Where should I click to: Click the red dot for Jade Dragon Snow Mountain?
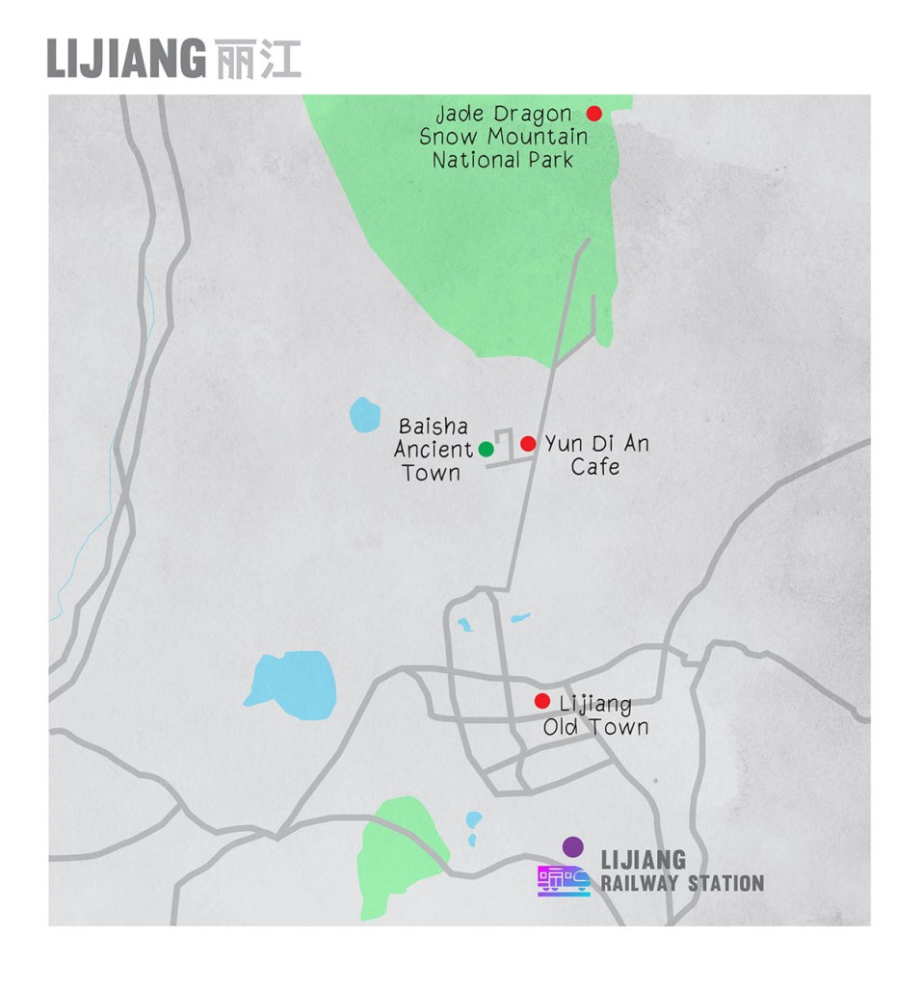[594, 114]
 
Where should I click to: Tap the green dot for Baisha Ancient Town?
[487, 449]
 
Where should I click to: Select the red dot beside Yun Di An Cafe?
[528, 444]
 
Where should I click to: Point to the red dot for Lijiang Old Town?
[542, 701]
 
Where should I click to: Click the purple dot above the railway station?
[573, 846]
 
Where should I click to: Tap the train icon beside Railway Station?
[564, 880]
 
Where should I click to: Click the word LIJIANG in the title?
[125, 59]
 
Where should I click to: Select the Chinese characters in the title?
[257, 59]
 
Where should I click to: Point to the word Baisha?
[433, 426]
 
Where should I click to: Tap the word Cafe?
[594, 467]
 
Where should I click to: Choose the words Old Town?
[595, 727]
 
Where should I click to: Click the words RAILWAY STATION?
[682, 883]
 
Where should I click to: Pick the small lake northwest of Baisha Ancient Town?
[364, 415]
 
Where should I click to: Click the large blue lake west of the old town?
[292, 685]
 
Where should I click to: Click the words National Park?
[502, 160]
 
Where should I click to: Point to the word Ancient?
[434, 449]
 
